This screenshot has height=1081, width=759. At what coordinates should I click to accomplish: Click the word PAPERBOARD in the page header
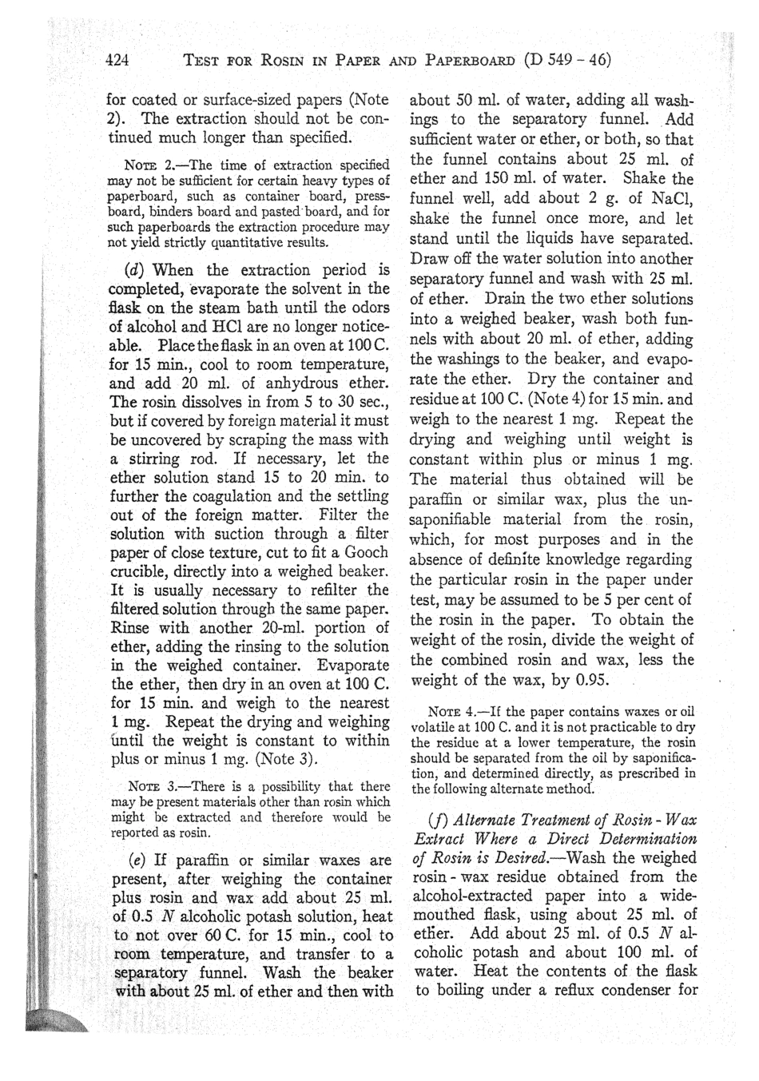475,61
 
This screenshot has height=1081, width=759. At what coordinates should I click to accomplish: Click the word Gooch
364,552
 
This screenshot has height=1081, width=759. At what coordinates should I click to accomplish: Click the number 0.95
589,680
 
